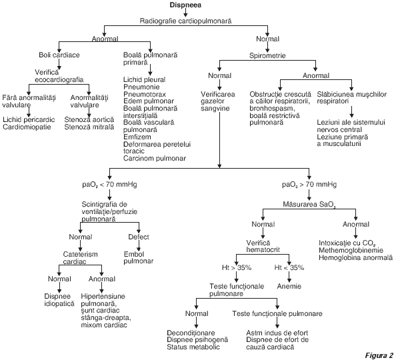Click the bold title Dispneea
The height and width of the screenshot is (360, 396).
(185, 5)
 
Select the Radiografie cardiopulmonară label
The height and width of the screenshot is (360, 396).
(185, 21)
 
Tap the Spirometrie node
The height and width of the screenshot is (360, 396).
(267, 55)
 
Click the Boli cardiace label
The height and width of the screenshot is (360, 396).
(59, 55)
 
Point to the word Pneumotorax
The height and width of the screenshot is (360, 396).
(145, 94)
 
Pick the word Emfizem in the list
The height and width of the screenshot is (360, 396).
(137, 137)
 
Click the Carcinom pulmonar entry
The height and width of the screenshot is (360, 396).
(155, 159)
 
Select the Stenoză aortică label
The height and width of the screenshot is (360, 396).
(89, 119)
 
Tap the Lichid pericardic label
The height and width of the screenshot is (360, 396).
(29, 119)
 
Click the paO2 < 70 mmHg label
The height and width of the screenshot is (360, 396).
(109, 185)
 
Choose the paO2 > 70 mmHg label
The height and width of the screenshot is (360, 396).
(309, 185)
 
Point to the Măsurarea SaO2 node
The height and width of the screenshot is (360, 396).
(309, 204)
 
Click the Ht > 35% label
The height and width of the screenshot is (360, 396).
(237, 267)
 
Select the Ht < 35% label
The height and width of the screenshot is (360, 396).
(289, 267)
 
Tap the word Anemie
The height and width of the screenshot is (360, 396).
(289, 286)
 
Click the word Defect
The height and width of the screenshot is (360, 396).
(139, 237)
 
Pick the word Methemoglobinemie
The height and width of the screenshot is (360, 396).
(351, 251)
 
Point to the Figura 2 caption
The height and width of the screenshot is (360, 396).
(379, 355)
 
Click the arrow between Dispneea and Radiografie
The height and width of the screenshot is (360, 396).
(185, 13)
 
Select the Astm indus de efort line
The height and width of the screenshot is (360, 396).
(277, 333)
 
